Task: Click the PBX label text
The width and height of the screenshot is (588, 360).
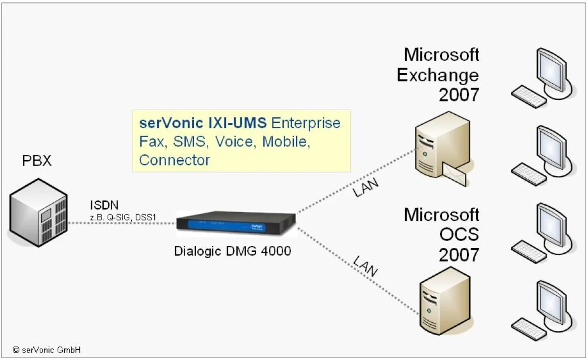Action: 37,161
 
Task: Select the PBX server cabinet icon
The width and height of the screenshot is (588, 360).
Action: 38,213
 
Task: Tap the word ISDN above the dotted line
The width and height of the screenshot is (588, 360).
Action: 104,205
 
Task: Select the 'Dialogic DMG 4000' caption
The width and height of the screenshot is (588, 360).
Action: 233,251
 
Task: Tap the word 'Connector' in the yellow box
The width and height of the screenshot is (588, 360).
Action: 174,160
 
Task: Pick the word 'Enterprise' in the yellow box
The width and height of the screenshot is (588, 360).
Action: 306,123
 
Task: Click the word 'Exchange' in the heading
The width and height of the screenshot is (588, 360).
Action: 438,75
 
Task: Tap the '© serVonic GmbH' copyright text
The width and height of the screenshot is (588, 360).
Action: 47,350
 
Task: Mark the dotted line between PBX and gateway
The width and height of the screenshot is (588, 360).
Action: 122,224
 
